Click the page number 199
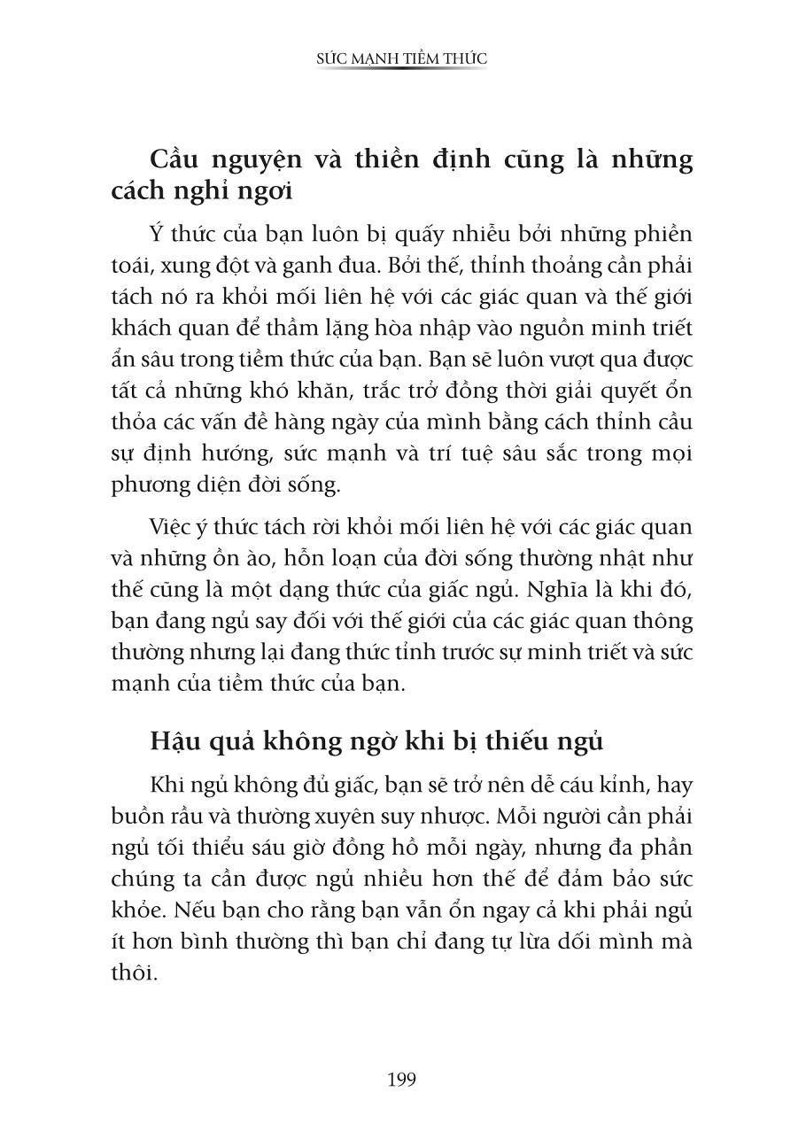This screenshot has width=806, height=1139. [x=401, y=1080]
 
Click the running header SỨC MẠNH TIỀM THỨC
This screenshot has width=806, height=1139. [x=402, y=58]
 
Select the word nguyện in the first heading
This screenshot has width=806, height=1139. [x=277, y=160]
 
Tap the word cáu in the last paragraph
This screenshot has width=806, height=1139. [x=570, y=785]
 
